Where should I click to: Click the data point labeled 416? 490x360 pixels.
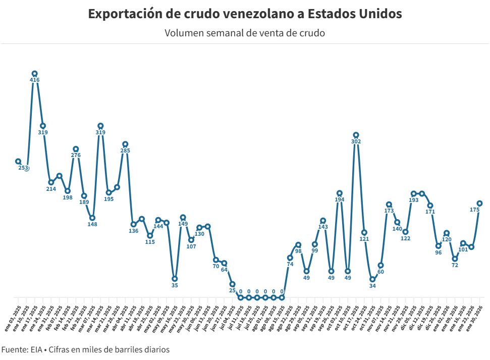pos(34,74)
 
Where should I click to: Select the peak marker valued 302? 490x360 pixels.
pos(356,135)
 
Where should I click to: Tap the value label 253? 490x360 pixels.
pos(23,168)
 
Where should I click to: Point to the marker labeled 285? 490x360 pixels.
pos(125,144)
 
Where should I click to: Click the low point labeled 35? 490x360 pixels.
pos(175,278)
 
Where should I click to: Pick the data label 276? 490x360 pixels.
pos(76,156)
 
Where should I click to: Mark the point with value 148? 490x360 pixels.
pos(92,218)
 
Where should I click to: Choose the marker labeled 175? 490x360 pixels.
pos(479,203)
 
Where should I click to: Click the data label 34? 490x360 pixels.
pos(372,286)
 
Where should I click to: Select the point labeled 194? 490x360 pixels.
pos(340,193)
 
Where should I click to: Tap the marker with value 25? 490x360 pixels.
pos(232,284)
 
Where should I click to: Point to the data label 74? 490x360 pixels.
pos(290,264)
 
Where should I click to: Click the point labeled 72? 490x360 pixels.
pos(455,259)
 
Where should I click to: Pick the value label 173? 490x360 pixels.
pos(389,204)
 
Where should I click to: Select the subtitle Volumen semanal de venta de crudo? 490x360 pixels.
pos(245,33)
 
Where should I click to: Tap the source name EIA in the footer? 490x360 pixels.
pos(36,349)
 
